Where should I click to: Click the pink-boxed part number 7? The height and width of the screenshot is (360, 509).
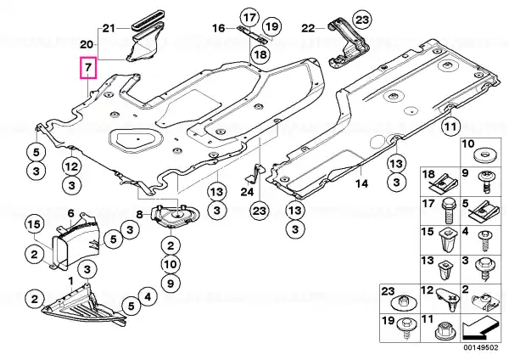coord(88,68)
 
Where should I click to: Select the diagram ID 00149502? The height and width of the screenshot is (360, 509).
coord(481,347)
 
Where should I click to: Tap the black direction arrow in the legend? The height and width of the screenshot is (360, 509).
coord(480,328)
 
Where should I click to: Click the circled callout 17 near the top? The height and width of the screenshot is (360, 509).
coord(249,18)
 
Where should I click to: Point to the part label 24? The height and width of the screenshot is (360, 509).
coord(247,192)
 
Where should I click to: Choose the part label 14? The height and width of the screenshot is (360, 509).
coord(361,184)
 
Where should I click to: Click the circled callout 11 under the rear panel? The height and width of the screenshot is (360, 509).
coord(451,127)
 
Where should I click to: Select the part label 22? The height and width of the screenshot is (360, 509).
coord(308,29)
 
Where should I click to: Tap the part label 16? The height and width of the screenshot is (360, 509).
coord(219,28)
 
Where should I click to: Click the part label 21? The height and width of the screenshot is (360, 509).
coord(109,29)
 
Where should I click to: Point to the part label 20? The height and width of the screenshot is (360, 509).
coord(87,44)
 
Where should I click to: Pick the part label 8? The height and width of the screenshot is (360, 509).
coord(139,215)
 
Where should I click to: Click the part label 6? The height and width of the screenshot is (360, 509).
coord(71,213)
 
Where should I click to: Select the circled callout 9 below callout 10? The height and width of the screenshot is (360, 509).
coord(171,284)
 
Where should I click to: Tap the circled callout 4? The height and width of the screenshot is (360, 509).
coord(148,296)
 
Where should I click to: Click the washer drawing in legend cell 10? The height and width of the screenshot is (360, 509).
coord(484,155)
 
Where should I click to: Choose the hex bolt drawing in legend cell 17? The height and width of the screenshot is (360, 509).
coord(448,211)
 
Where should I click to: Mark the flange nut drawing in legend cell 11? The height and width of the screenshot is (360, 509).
coord(444,331)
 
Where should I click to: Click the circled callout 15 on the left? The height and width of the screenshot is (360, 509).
coord(35,224)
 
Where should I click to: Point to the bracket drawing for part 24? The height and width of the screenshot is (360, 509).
coord(255,173)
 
